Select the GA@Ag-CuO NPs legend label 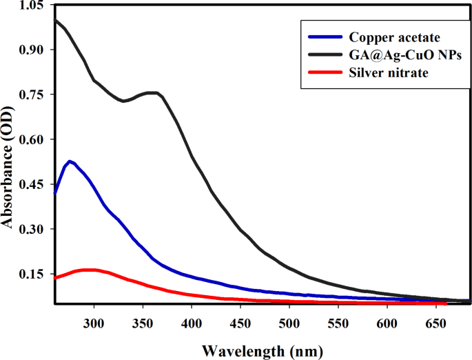click(396, 55)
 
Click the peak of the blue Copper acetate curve click(70, 161)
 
